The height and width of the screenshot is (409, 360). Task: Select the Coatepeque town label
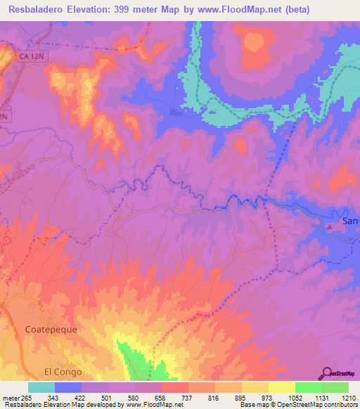click(x=51, y=329)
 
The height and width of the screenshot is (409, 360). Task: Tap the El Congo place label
click(x=63, y=372)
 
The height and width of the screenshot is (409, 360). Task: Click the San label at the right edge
click(x=349, y=221)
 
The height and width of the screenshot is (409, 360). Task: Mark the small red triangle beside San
click(x=329, y=226)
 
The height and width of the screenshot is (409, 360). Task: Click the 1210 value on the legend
click(x=348, y=397)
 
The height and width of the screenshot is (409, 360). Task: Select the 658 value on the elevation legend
click(x=162, y=397)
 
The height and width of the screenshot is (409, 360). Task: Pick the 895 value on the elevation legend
click(x=241, y=397)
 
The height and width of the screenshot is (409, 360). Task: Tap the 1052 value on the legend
click(x=295, y=397)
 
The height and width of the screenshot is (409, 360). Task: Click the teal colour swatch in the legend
click(x=41, y=387)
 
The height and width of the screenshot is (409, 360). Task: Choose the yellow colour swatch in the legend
click(x=281, y=387)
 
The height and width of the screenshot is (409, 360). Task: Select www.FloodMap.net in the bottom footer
click(x=150, y=405)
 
